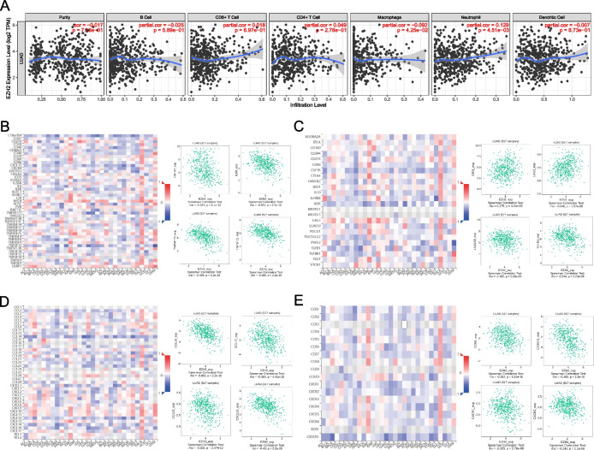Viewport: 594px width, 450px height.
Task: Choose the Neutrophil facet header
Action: tap(470, 16)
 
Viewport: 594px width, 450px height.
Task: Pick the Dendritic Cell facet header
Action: tap(551, 16)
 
